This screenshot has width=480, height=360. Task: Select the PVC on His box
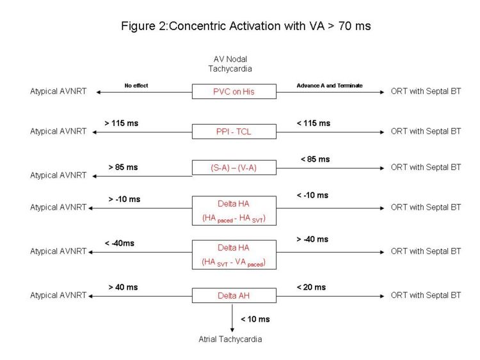[234, 91]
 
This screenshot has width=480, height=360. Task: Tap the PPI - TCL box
[234, 131]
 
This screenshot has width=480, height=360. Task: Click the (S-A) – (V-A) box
[234, 168]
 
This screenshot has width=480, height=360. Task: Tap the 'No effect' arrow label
[136, 85]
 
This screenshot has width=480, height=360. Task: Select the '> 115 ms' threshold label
[120, 122]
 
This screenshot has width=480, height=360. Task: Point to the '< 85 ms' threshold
[316, 159]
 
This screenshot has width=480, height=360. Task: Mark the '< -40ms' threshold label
[120, 242]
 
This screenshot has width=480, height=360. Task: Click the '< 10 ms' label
[255, 318]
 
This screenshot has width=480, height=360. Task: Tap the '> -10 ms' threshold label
[124, 199]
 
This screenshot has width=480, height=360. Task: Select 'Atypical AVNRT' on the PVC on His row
[58, 91]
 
